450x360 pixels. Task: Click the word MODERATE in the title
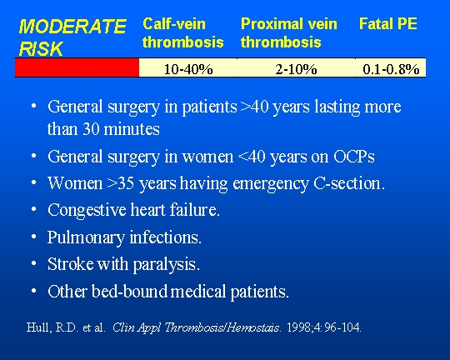(72, 27)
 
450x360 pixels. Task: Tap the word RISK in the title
(41, 48)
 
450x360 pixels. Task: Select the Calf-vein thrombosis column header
(182, 32)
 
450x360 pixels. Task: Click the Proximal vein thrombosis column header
(288, 32)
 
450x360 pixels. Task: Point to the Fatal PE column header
(388, 23)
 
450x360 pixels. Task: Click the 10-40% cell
(188, 69)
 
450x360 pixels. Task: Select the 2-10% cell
(296, 69)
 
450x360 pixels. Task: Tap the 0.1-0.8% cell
(391, 69)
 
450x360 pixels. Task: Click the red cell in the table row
(77, 67)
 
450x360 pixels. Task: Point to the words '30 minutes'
(121, 129)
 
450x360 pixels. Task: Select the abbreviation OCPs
(354, 157)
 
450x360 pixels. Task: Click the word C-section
(349, 183)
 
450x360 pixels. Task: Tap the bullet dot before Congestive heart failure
(34, 210)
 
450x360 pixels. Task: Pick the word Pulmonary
(86, 237)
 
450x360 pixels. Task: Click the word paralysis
(166, 264)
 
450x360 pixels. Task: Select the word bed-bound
(129, 291)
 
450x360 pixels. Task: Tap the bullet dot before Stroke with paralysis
(34, 263)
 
